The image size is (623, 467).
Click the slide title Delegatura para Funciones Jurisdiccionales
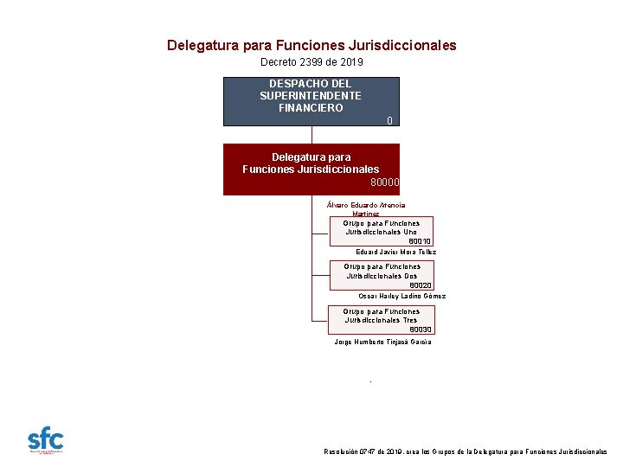(311, 45)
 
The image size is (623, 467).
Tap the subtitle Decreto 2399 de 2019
(311, 62)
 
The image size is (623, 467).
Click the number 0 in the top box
(390, 120)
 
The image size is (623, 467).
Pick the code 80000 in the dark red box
(384, 182)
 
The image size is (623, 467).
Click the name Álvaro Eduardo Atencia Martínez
(366, 208)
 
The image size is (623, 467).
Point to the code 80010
(420, 241)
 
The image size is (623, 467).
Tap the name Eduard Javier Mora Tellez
(396, 252)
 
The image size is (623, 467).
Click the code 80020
(420, 285)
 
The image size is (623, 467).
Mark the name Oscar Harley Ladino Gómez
(401, 296)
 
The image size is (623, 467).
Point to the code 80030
(420, 329)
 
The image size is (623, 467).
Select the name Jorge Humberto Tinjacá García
(382, 342)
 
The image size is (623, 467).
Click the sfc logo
(46, 439)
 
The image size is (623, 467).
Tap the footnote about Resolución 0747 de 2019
(465, 451)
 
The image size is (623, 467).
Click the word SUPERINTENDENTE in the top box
(311, 96)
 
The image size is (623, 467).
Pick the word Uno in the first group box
(409, 232)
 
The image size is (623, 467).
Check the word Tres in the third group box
(409, 320)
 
